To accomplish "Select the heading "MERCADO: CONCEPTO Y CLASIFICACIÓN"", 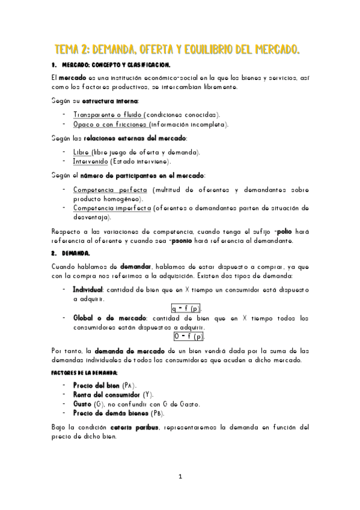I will tap(116, 64).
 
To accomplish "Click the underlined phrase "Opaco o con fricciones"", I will tap(110, 124).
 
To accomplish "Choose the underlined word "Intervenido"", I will tap(90, 161).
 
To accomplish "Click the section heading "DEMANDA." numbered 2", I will tap(76, 253).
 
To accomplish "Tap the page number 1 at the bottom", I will tap(180, 477).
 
